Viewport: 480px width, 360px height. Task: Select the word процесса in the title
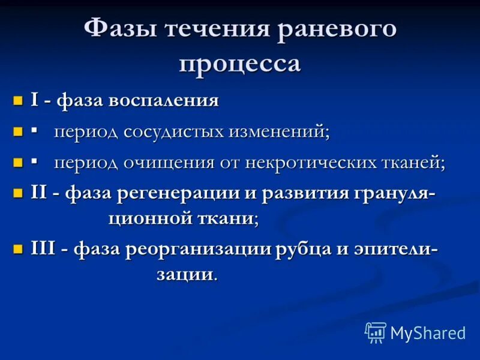coord(240,62)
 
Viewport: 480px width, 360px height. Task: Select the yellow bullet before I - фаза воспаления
coord(19,100)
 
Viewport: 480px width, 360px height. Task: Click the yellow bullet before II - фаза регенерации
coord(19,194)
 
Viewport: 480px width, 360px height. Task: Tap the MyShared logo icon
coord(376,332)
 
